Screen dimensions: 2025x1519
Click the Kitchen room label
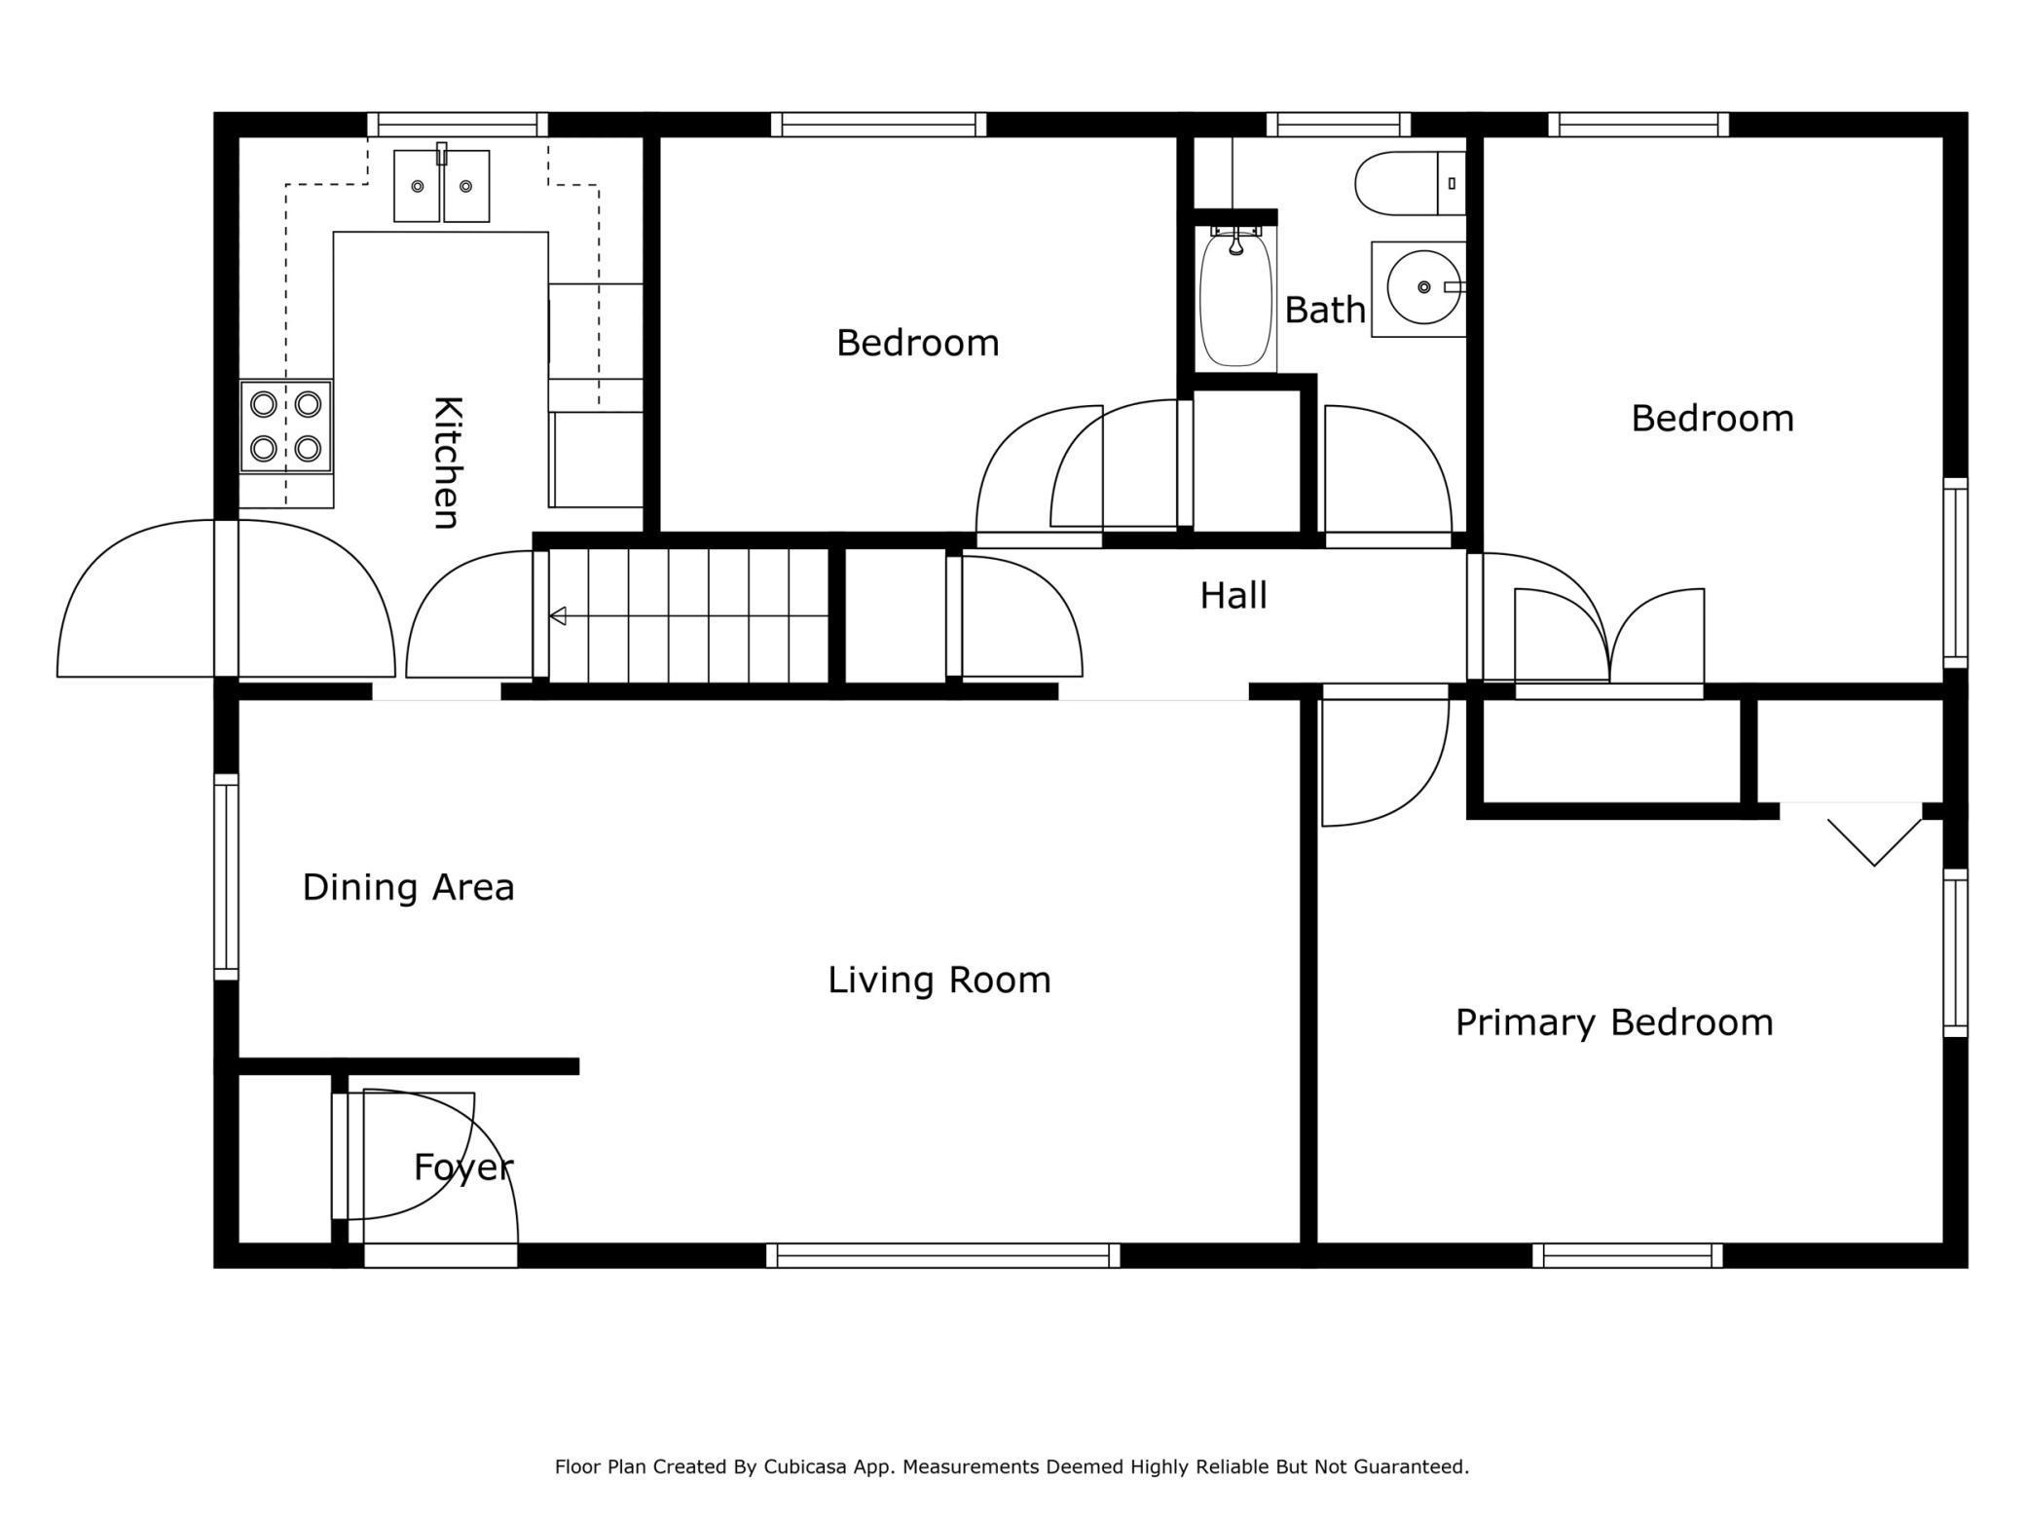pyautogui.click(x=446, y=463)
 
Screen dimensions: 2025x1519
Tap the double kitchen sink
pyautogui.click(x=441, y=185)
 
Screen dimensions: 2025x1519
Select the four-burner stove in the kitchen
pyautogui.click(x=286, y=426)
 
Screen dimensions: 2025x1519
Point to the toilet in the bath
pyautogui.click(x=1410, y=183)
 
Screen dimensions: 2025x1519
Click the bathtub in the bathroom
pyautogui.click(x=1235, y=297)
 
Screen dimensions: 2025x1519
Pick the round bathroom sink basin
pyautogui.click(x=1423, y=287)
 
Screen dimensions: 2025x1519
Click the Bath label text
pyautogui.click(x=1325, y=310)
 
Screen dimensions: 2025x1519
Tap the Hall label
pyautogui.click(x=1233, y=595)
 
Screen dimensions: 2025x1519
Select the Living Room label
pyautogui.click(x=939, y=980)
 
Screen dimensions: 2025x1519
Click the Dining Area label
pyautogui.click(x=408, y=887)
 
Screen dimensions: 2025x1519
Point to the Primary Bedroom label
pyautogui.click(x=1614, y=1022)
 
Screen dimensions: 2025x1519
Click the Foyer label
pyautogui.click(x=463, y=1167)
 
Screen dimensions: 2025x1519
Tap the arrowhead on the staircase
pyautogui.click(x=558, y=615)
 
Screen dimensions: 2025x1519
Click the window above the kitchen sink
pyautogui.click(x=458, y=125)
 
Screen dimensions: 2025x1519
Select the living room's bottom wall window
pyautogui.click(x=942, y=1255)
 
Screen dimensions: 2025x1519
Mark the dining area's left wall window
pyautogui.click(x=226, y=877)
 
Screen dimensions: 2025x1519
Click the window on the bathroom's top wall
pyautogui.click(x=1338, y=125)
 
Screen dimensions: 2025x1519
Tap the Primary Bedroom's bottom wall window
pyautogui.click(x=1628, y=1255)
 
